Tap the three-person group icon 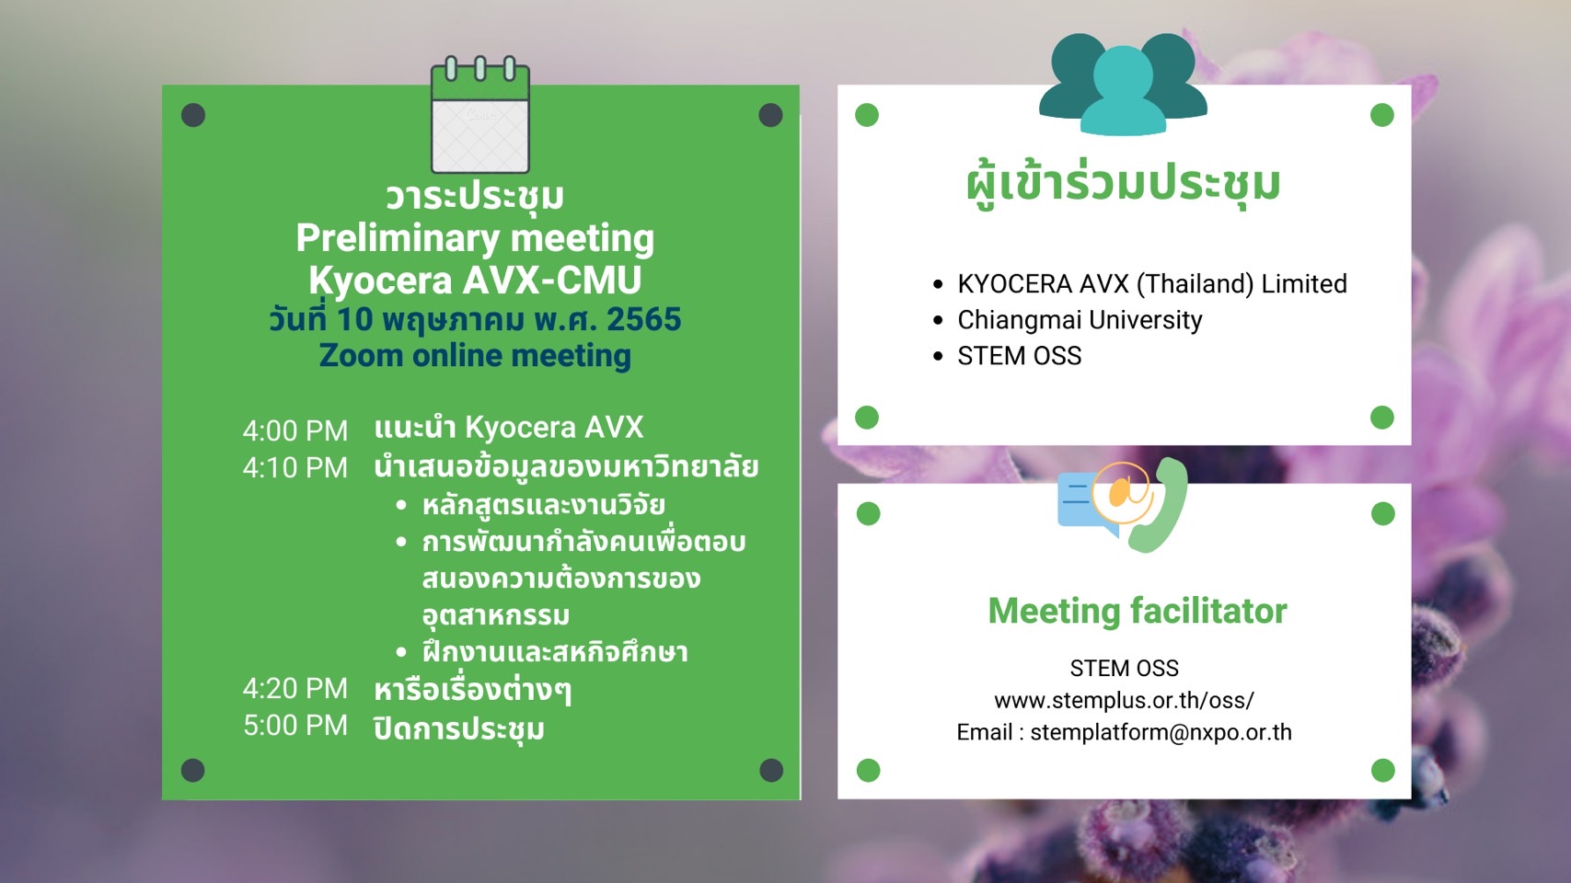click(1123, 84)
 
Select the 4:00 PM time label click(295, 430)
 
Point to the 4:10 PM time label click(295, 467)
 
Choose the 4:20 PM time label click(295, 688)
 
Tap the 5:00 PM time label click(295, 726)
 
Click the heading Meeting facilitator click(1138, 611)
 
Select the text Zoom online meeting click(475, 355)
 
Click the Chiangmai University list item click(1080, 319)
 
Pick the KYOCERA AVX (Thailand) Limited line click(1151, 284)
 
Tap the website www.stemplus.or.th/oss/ click(1124, 700)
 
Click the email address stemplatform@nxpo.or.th click(1161, 732)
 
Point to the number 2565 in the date click(644, 319)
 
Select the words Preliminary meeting click(475, 239)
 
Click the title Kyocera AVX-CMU click(475, 280)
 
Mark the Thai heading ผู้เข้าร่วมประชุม click(1123, 185)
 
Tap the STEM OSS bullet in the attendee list click(1019, 356)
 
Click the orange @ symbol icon click(1123, 493)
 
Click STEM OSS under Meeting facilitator click(1124, 668)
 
